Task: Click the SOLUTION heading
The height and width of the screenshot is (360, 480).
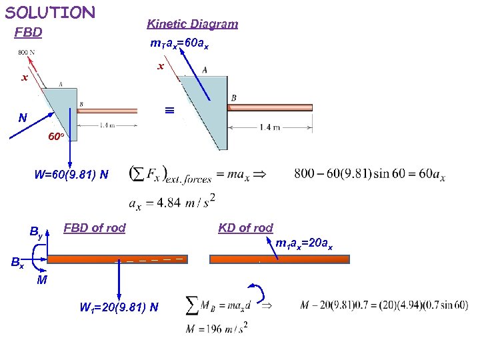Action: coord(50,12)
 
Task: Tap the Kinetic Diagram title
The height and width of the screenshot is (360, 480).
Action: coord(192,24)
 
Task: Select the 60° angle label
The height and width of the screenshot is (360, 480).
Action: coord(56,137)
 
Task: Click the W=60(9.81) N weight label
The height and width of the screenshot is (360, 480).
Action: coord(71,175)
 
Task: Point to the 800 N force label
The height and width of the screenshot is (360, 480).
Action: coord(27,52)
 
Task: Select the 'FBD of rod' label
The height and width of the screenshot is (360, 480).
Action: coord(94,228)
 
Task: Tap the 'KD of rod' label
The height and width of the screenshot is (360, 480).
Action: coord(245,228)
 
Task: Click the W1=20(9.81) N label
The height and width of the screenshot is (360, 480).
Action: coord(119,307)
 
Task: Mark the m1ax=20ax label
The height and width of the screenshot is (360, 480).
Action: coord(304,243)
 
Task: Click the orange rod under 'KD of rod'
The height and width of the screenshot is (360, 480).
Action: coord(279,259)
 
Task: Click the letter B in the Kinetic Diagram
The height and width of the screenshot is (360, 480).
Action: coord(233,98)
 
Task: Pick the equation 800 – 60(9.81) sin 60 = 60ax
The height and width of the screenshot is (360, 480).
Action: coord(369,175)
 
